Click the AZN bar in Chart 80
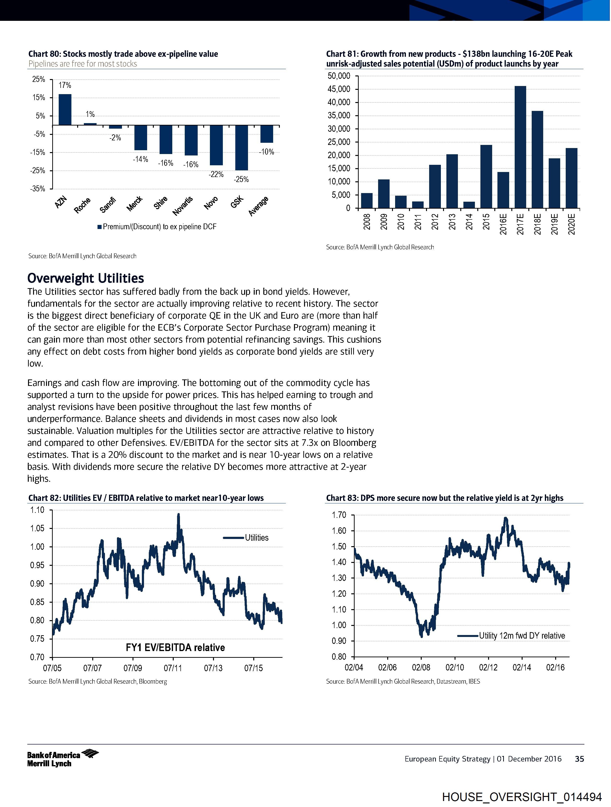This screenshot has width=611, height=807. pyautogui.click(x=65, y=109)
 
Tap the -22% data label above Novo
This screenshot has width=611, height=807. pyautogui.click(x=216, y=174)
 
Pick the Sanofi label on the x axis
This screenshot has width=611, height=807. pyautogui.click(x=108, y=205)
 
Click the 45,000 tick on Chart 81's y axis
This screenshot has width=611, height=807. pyautogui.click(x=339, y=89)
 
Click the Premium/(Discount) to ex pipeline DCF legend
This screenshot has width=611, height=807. pyautogui.click(x=157, y=227)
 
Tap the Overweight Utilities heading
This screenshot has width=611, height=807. pyautogui.click(x=86, y=278)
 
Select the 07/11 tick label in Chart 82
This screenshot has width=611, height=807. pyautogui.click(x=173, y=668)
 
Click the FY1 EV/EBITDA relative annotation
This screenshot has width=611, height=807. pyautogui.click(x=175, y=647)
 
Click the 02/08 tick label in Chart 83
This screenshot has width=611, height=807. pyautogui.click(x=421, y=668)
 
